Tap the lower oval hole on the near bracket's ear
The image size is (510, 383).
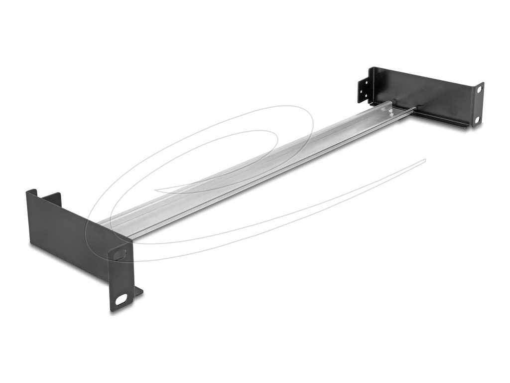click(x=121, y=300)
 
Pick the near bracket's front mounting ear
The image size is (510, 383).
click(x=122, y=277)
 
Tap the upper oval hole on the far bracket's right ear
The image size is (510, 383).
click(x=479, y=90)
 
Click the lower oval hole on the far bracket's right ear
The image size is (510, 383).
click(x=477, y=120)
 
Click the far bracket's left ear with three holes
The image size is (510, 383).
click(x=364, y=90)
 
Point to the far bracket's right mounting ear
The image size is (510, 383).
click(x=478, y=105)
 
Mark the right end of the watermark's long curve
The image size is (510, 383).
click(x=425, y=160)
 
